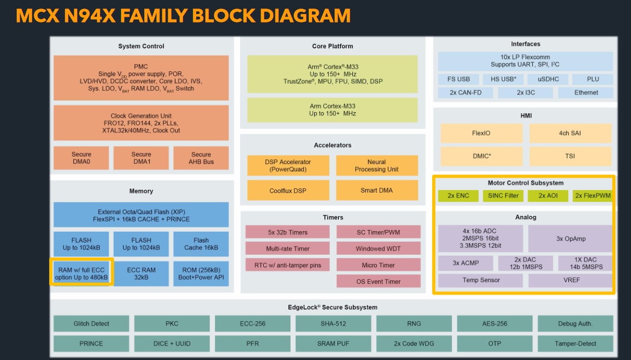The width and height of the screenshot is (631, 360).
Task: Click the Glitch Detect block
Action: click(x=91, y=324)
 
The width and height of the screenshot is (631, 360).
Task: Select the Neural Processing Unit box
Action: click(x=376, y=165)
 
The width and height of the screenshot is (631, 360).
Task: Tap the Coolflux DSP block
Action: click(x=288, y=190)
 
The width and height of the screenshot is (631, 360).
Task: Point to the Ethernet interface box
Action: click(x=586, y=92)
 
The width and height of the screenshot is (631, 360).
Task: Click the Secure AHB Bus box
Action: click(x=201, y=158)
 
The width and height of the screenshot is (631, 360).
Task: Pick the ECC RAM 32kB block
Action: click(x=141, y=274)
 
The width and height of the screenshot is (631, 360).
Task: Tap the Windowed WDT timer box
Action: click(x=378, y=248)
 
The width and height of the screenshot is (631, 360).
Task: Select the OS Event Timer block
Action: click(x=378, y=282)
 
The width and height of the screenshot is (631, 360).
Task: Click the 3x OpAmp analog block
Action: click(x=570, y=239)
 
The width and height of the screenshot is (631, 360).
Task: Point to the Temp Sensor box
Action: click(x=480, y=280)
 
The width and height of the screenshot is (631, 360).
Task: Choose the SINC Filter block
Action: click(x=503, y=196)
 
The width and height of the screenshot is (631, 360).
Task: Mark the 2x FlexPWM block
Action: click(x=592, y=196)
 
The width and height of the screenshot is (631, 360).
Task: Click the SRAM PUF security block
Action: click(x=333, y=343)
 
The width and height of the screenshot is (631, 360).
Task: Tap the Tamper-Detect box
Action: click(x=575, y=343)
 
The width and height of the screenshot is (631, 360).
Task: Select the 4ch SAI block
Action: click(x=570, y=133)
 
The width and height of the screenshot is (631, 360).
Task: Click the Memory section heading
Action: click(x=141, y=191)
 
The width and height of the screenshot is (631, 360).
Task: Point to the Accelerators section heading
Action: click(x=332, y=145)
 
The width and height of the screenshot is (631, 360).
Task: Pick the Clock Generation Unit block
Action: click(x=141, y=123)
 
